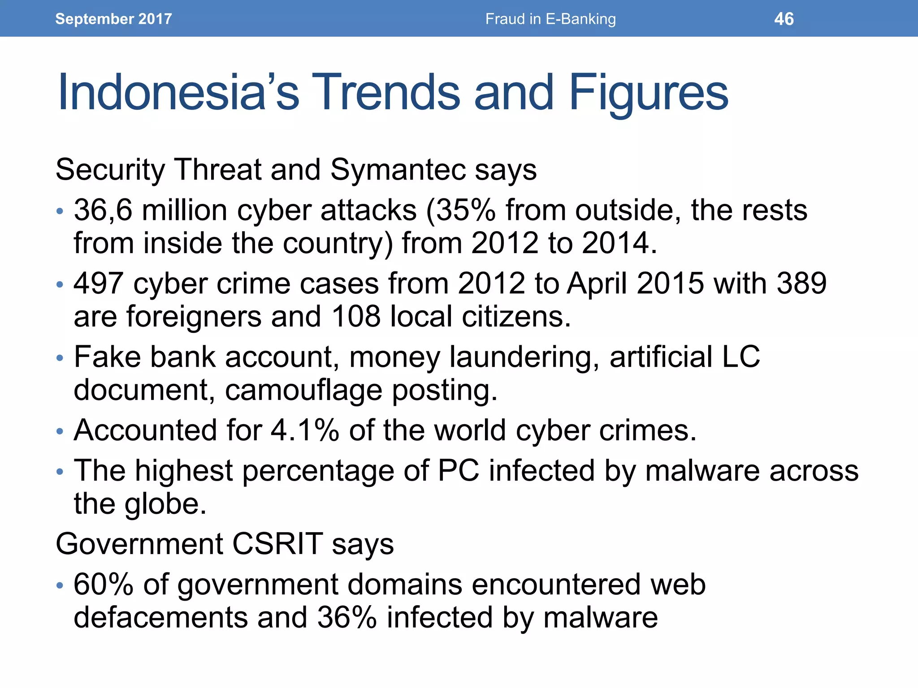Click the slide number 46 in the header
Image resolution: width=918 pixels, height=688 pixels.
click(784, 19)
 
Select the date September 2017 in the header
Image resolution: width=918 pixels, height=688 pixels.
click(113, 19)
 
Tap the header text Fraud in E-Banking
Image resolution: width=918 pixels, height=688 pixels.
click(550, 19)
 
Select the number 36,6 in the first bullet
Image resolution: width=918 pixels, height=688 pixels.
click(103, 210)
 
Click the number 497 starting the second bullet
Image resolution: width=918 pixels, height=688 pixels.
click(98, 284)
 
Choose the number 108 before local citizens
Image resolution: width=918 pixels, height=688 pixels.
click(356, 317)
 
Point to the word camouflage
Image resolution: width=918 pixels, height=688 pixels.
click(303, 391)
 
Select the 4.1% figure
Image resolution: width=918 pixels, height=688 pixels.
click(305, 430)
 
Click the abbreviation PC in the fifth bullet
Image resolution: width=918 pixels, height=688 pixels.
click(459, 471)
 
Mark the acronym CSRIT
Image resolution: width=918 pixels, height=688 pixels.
click(278, 544)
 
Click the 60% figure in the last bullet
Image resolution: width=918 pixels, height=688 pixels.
click(104, 585)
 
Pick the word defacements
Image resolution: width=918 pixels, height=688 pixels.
click(160, 618)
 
